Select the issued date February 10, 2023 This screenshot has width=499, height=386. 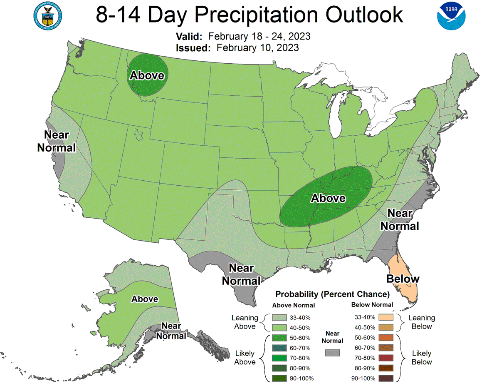[x=257, y=47]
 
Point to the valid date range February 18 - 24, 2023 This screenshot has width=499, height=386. [x=259, y=36]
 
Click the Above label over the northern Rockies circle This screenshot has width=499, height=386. [x=147, y=75]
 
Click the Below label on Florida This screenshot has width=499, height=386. [x=403, y=279]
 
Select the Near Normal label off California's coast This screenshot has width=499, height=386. [x=57, y=141]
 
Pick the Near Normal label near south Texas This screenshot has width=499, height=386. [x=241, y=274]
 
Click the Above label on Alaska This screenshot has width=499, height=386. [x=145, y=299]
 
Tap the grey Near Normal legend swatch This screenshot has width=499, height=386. [x=332, y=353]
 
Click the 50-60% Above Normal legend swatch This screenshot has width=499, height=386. [x=280, y=338]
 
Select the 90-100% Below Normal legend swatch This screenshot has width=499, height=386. [x=386, y=378]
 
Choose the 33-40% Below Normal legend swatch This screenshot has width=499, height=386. [x=386, y=317]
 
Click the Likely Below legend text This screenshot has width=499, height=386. [x=422, y=358]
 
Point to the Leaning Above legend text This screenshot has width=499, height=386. [x=245, y=322]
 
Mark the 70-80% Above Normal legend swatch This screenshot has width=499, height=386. [x=280, y=358]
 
